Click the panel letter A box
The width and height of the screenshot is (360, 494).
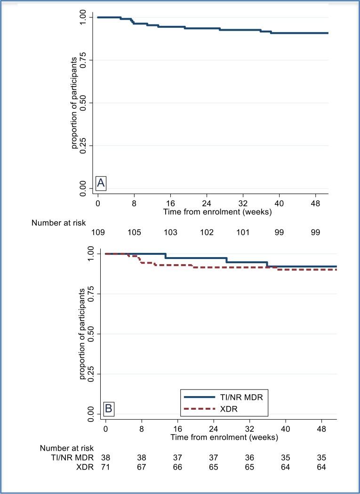[x=101, y=183]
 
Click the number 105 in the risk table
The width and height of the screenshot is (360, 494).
[x=134, y=232]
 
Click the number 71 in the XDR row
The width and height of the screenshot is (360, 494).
[x=105, y=467]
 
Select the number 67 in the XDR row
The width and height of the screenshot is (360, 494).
[x=142, y=467]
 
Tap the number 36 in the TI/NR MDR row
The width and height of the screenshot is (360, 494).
[x=250, y=457]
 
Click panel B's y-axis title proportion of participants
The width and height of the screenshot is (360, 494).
[x=83, y=334]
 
